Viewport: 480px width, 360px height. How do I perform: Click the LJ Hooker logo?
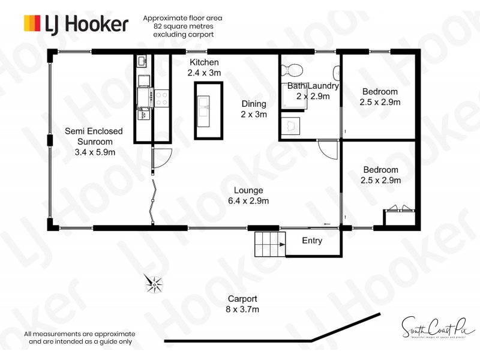click(76, 23)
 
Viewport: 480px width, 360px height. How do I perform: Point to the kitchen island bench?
click(208, 110)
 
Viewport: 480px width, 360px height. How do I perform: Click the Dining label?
click(254, 109)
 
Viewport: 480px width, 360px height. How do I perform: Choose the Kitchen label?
click(205, 67)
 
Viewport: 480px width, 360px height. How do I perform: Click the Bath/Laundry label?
click(313, 91)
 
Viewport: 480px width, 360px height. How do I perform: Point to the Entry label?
click(312, 241)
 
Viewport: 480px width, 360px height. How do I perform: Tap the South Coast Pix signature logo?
click(433, 327)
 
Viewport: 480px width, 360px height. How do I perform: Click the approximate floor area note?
click(178, 26)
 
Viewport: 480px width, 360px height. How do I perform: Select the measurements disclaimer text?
click(80, 338)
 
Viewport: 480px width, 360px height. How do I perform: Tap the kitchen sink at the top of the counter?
click(142, 61)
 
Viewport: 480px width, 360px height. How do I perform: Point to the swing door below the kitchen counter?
click(161, 157)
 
